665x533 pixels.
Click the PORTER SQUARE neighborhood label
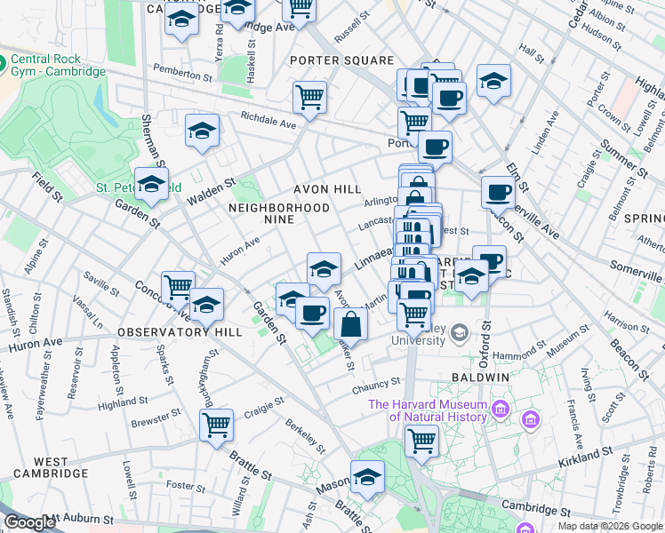point(341,60)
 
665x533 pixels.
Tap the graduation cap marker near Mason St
point(367,477)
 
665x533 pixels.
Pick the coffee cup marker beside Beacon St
point(499,191)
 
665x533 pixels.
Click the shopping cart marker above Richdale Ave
point(308,97)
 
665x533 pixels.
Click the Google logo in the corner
point(28,522)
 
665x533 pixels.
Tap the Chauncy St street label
point(377,385)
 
